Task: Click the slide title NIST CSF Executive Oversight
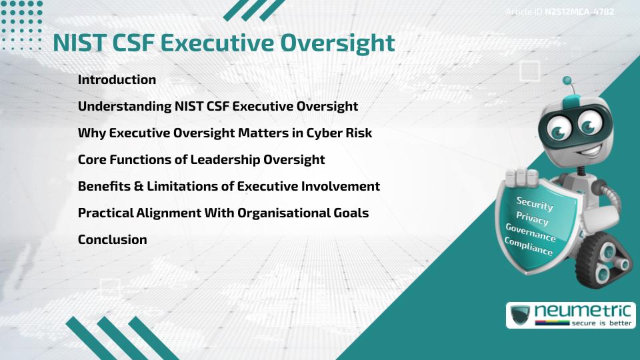224,43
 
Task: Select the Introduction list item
117,79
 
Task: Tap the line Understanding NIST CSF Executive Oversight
218,106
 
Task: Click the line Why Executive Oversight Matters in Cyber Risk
225,133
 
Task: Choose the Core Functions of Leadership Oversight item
201,159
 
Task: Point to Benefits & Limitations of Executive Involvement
229,186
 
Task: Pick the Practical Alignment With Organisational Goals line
223,213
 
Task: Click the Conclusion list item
112,239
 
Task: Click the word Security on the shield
535,204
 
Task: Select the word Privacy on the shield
532,219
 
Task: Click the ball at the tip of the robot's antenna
567,81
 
